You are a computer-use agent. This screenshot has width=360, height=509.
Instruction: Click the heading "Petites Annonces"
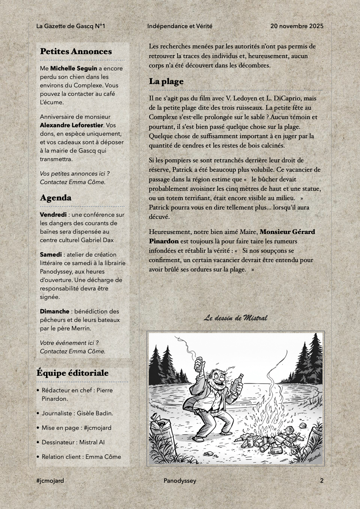(76, 51)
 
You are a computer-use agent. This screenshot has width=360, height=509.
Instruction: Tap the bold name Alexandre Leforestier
(71, 125)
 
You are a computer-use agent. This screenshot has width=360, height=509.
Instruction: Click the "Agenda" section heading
(56, 198)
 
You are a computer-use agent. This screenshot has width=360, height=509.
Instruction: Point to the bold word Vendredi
(53, 215)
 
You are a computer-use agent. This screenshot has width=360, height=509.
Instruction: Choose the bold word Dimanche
(54, 311)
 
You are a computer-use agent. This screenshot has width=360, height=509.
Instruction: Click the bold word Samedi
(51, 254)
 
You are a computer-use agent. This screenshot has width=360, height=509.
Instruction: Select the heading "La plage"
(166, 81)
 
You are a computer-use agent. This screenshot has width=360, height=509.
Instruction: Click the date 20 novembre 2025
(297, 26)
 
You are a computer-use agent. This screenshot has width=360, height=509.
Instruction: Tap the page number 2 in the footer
(322, 481)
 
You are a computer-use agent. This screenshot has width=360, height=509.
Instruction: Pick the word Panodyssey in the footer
(180, 481)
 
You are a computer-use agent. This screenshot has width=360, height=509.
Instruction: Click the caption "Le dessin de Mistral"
(235, 318)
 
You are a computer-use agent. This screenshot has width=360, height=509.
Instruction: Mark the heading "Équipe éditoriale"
(73, 373)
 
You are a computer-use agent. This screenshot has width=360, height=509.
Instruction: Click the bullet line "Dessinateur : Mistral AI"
(73, 442)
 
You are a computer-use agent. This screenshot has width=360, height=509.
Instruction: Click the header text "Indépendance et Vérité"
(180, 26)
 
